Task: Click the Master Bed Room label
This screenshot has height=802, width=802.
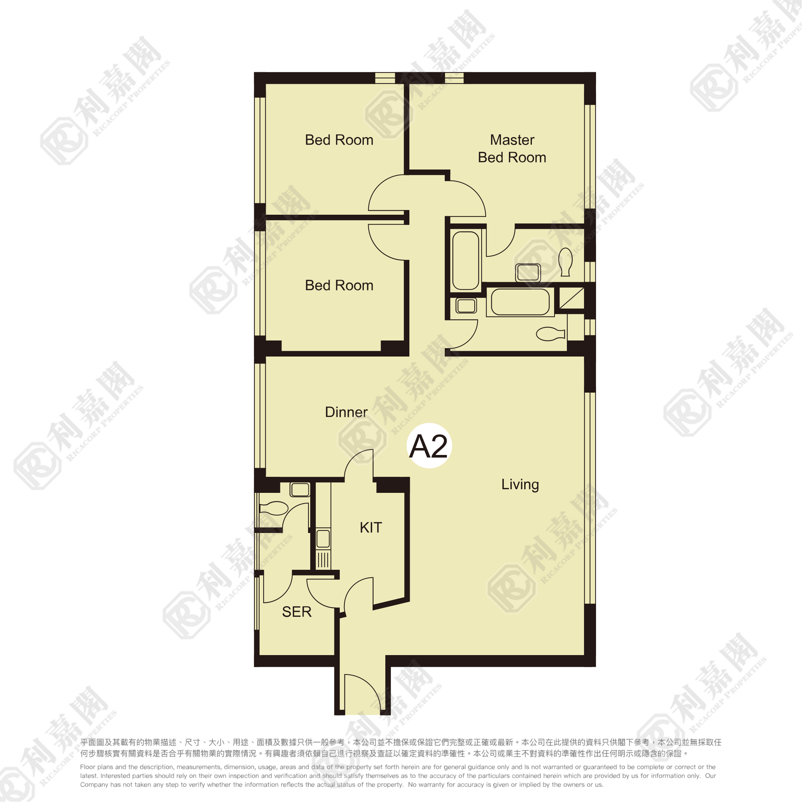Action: click(512, 149)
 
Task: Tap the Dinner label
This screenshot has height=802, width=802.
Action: click(346, 412)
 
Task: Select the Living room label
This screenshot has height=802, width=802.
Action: click(520, 485)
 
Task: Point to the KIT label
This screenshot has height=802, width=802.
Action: click(371, 527)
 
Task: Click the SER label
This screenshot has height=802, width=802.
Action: click(296, 612)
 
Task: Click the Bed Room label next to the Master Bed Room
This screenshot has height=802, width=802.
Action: click(339, 140)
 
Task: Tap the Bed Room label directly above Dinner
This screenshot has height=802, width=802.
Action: click(339, 285)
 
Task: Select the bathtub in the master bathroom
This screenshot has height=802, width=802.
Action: click(466, 260)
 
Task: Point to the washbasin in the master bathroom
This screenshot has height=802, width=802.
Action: click(528, 273)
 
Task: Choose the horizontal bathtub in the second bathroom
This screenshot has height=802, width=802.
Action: click(521, 302)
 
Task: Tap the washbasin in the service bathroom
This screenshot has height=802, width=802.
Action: click(300, 490)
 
